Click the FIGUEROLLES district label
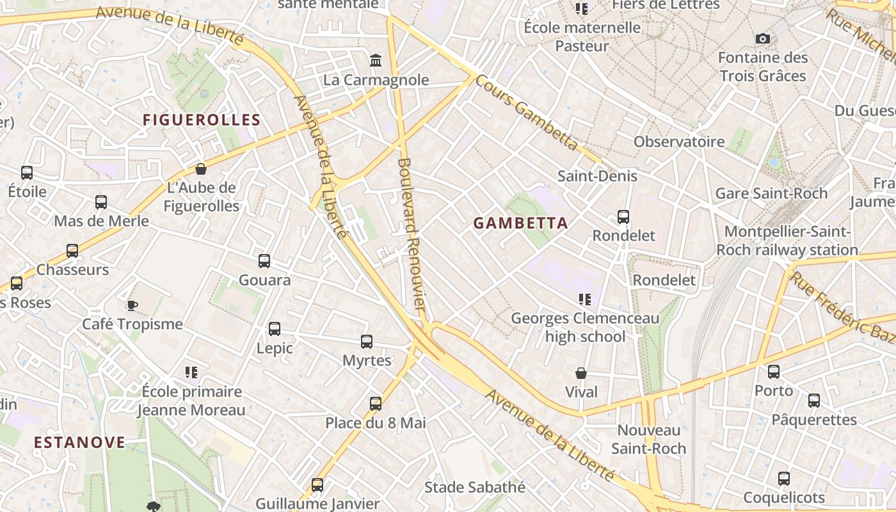click(202, 120)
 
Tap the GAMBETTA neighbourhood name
click(520, 223)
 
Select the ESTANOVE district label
click(79, 443)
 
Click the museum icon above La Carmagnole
click(376, 61)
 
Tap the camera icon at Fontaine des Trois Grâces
click(762, 39)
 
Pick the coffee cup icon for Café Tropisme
click(132, 305)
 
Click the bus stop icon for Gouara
click(264, 260)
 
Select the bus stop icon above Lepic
click(275, 328)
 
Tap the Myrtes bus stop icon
click(367, 341)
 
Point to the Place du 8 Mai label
click(376, 423)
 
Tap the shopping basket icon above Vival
click(581, 372)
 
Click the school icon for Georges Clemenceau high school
click(584, 299)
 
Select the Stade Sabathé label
click(475, 488)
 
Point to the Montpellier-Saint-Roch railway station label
click(787, 241)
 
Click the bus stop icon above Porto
click(774, 371)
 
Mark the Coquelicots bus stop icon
click(784, 478)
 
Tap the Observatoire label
click(679, 141)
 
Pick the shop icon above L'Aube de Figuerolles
click(201, 169)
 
